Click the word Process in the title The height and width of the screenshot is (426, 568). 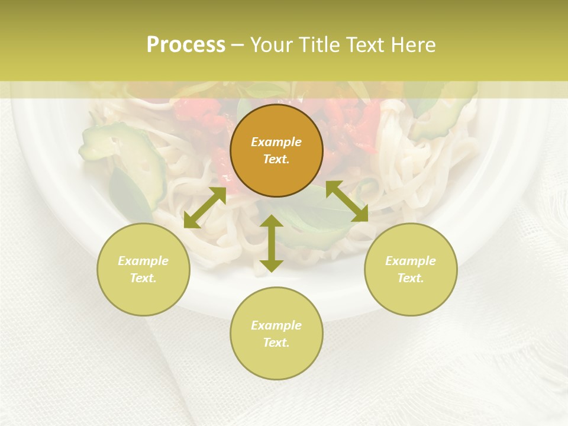coord(186,45)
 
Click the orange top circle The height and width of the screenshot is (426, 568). coord(276,150)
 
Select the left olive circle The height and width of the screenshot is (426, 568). coord(143,269)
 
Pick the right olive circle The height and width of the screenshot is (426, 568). coord(411,269)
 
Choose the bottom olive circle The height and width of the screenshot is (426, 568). coord(276,334)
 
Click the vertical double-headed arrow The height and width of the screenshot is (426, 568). coord(272,243)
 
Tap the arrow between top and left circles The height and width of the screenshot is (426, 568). coord(205,208)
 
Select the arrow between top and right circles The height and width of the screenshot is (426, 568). coord(347,201)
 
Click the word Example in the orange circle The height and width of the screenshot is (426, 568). coord(276,142)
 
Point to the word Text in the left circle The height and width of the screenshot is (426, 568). coord(143,278)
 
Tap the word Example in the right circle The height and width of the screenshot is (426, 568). coord(411,261)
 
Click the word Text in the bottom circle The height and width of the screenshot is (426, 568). coord(276,343)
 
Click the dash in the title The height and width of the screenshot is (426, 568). coord(237,46)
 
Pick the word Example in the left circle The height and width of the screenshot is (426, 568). coord(143,261)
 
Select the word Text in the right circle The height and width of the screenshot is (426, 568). coord(411,278)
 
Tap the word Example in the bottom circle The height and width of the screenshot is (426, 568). coord(276,325)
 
